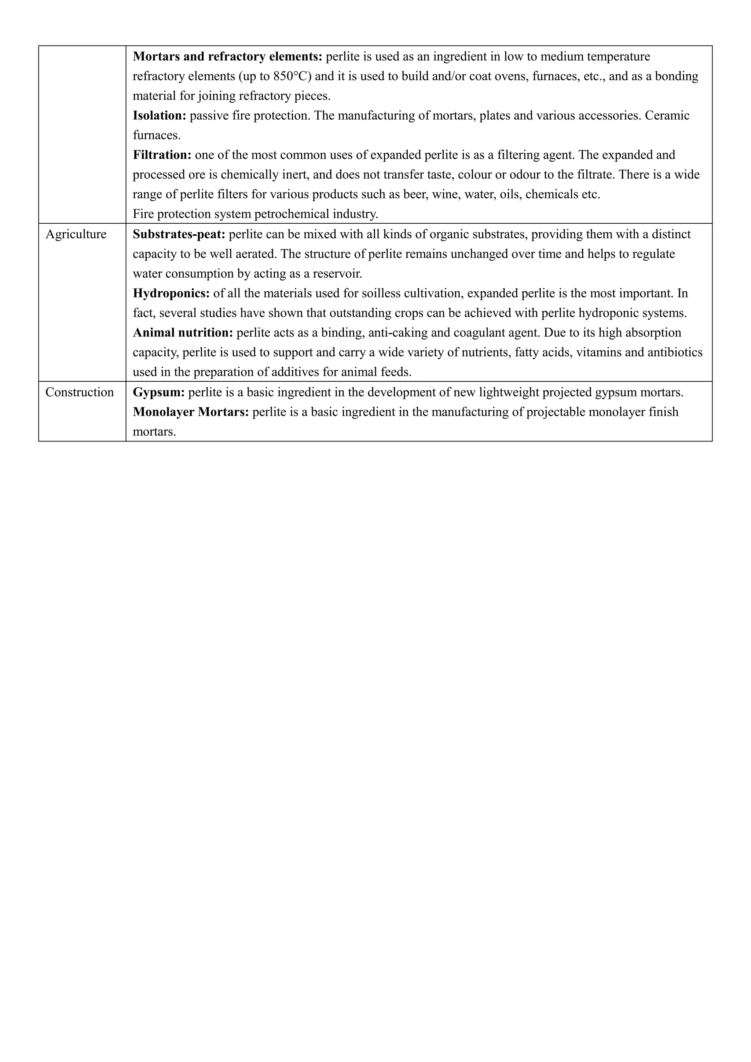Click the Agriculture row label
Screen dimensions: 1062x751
point(76,234)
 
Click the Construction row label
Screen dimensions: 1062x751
point(80,392)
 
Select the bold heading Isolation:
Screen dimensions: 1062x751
point(160,116)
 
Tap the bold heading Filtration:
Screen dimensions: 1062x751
point(162,155)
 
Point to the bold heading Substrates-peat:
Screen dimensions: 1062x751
point(179,234)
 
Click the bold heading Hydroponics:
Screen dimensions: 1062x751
point(172,293)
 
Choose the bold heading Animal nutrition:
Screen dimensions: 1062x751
point(183,333)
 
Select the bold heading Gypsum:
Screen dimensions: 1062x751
point(159,392)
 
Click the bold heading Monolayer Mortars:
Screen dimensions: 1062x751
point(191,412)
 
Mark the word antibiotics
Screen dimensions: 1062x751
point(675,352)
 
